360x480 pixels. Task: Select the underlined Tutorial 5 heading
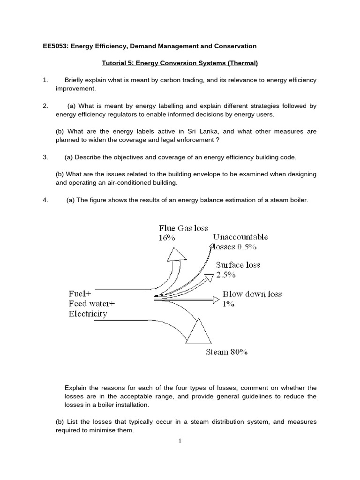(180, 63)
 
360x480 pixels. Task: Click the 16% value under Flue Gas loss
(167, 238)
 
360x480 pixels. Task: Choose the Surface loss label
(238, 265)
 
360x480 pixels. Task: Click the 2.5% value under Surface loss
(225, 275)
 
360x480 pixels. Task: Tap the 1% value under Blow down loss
(228, 304)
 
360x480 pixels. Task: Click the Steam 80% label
(226, 352)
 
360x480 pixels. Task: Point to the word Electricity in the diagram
(88, 314)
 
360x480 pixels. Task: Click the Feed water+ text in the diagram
(91, 304)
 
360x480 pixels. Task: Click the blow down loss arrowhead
(216, 299)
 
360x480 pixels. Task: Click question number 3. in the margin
(45, 157)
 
